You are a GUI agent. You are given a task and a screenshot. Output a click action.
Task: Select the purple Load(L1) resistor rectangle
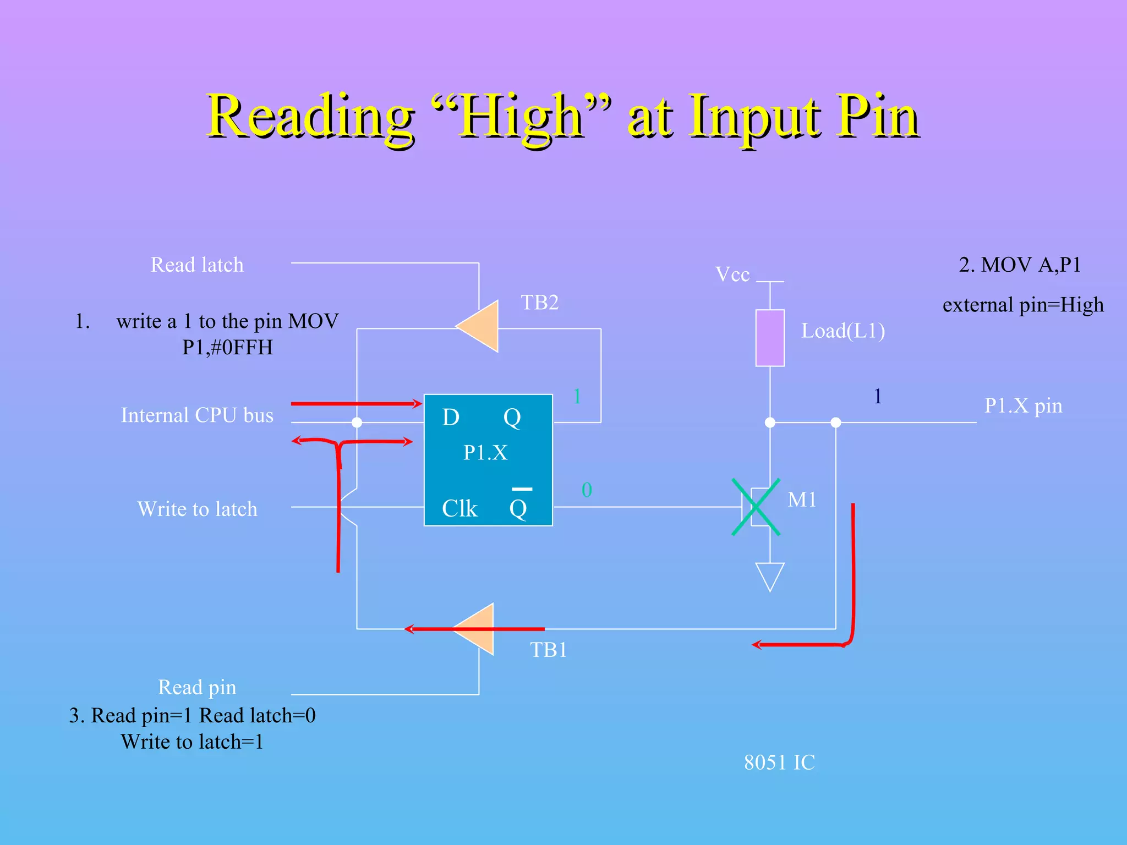tap(769, 338)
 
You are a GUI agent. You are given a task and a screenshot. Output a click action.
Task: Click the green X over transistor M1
tap(756, 507)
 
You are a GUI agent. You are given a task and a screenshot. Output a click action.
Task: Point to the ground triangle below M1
tap(769, 575)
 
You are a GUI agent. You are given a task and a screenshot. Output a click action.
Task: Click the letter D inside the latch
tap(451, 418)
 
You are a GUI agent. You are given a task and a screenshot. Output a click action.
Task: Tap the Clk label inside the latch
tap(459, 509)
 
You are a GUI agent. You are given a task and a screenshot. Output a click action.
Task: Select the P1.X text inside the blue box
tap(485, 453)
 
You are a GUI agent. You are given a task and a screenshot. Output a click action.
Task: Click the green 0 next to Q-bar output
tap(587, 490)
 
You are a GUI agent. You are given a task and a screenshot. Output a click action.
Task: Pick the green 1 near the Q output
tap(577, 397)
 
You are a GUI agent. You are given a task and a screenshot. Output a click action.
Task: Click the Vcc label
tap(732, 274)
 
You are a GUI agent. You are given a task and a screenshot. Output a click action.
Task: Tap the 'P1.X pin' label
tap(1023, 406)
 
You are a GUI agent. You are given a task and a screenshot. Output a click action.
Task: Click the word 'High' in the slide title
tap(521, 117)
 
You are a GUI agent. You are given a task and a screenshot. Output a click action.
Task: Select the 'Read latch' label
tap(197, 265)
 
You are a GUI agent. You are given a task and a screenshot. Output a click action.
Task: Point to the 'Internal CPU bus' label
tap(197, 415)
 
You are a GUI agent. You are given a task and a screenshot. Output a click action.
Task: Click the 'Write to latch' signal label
tap(197, 509)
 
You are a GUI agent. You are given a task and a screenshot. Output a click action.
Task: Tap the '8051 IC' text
tap(779, 762)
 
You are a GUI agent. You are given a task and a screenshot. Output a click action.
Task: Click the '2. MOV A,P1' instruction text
tap(1020, 265)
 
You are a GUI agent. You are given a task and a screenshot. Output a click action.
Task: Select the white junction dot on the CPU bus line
tap(357, 422)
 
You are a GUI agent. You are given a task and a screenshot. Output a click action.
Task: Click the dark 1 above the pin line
tap(878, 397)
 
